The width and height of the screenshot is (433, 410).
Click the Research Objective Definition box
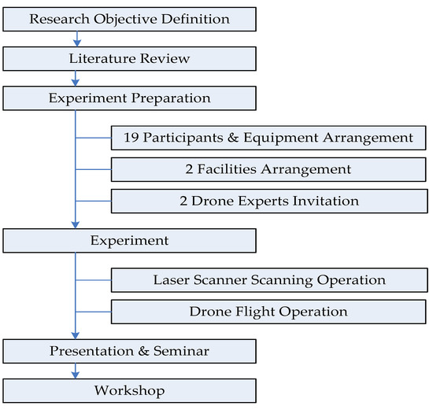tap(130, 18)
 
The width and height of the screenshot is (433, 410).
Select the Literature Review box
tap(130, 59)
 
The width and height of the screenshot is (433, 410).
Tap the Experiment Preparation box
tap(130, 99)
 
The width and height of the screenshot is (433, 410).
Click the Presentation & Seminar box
tap(130, 351)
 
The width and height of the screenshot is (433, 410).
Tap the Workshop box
tap(130, 390)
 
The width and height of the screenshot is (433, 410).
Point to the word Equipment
tap(287, 137)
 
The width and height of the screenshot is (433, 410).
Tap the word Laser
tap(171, 279)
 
